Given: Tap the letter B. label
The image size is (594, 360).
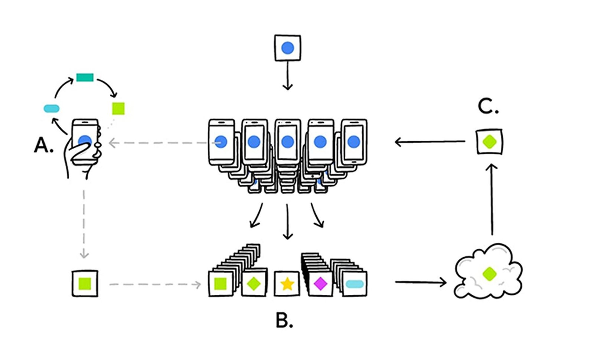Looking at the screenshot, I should [x=284, y=321].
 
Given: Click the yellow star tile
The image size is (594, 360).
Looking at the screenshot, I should [x=287, y=284].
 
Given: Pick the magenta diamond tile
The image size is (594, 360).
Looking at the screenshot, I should [x=320, y=284].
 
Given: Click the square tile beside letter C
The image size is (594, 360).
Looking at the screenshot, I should [x=489, y=141].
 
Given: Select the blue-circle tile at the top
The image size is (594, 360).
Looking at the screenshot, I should [x=287, y=48].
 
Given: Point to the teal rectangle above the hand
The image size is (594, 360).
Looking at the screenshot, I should [x=85, y=77].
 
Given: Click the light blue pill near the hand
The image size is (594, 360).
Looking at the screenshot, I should [x=52, y=108].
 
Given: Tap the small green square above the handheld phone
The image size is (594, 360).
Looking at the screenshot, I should [x=118, y=108].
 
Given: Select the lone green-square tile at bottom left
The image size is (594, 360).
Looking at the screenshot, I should [x=85, y=284].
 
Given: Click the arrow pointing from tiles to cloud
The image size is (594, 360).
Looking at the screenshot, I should [x=421, y=282].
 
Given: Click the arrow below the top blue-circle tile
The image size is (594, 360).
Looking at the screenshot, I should [x=287, y=76].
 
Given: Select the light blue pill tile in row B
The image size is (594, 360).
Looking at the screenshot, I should [x=354, y=284].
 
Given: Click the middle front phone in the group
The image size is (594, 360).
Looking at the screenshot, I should [x=287, y=142].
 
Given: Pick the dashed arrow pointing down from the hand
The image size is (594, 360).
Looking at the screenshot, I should [x=84, y=223].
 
